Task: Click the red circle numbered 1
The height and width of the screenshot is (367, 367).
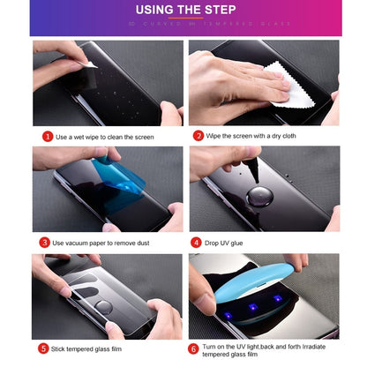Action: pyautogui.click(x=48, y=137)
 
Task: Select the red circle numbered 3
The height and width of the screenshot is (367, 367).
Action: pyautogui.click(x=44, y=242)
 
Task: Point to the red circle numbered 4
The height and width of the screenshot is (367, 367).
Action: pyautogui.click(x=196, y=242)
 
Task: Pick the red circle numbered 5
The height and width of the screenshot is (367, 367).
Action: pyautogui.click(x=44, y=348)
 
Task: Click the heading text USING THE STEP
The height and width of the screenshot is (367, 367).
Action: pyautogui.click(x=183, y=11)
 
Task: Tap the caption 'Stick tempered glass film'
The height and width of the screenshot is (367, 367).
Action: pyautogui.click(x=88, y=349)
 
